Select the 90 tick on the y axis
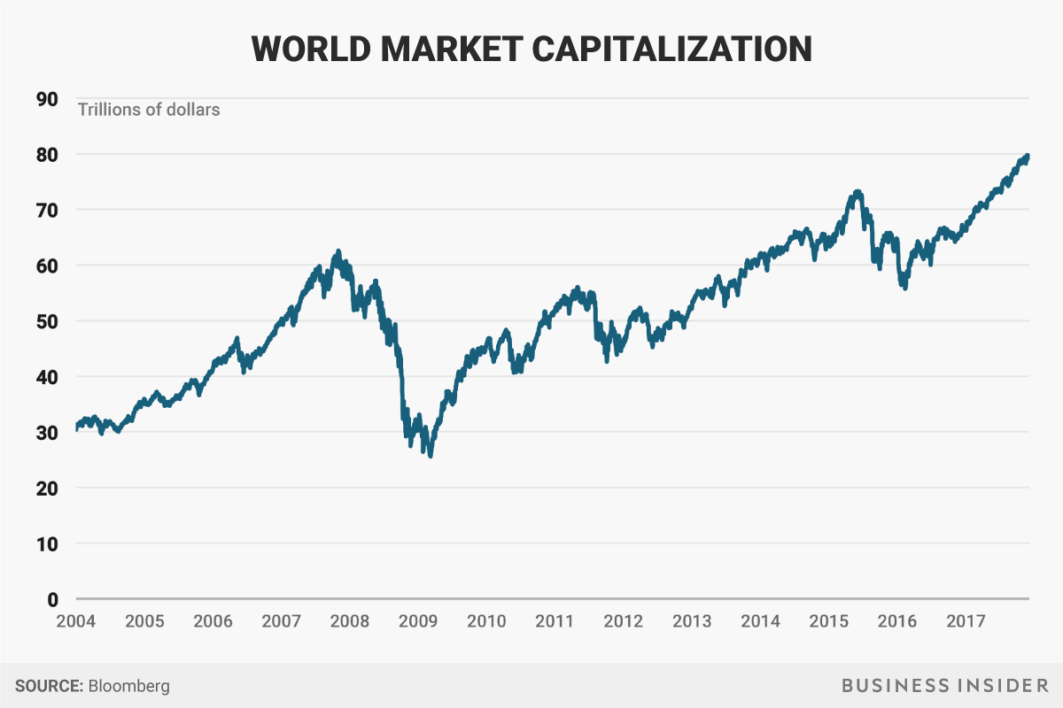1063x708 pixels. (47, 98)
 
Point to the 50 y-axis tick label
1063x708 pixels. (47, 321)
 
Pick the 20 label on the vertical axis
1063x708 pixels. (47, 489)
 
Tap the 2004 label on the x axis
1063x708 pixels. (76, 621)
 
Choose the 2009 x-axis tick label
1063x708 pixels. (418, 621)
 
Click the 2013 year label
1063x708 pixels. (692, 621)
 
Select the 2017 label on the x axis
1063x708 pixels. (966, 621)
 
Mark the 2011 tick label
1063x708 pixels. (555, 621)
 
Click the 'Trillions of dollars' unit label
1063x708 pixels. (149, 111)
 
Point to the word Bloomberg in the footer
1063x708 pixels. (129, 686)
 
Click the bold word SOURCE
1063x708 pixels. (48, 686)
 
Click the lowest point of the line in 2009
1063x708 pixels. (431, 456)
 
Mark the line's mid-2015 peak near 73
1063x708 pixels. (857, 191)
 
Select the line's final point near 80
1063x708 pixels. (1028, 155)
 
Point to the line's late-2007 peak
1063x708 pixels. (338, 251)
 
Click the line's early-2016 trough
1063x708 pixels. (904, 288)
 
